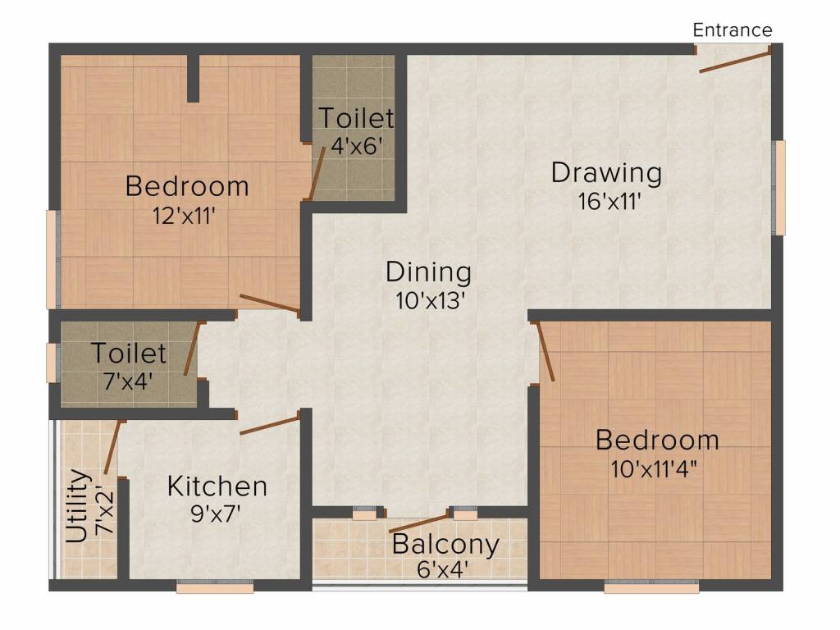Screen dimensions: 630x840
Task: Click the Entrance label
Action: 733,30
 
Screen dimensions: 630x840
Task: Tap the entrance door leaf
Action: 735,61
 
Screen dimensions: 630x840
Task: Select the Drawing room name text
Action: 606,173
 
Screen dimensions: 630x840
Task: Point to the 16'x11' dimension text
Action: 606,200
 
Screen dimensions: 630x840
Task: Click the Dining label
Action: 428,272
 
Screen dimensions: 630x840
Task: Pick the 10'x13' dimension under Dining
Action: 430,299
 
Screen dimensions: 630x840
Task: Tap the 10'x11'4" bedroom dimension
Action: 657,469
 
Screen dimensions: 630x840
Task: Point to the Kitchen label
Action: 217,486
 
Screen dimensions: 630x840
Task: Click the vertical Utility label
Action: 77,506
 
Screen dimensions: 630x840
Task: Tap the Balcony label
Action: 445,544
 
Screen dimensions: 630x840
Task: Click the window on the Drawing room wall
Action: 779,188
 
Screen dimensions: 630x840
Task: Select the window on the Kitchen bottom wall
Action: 215,587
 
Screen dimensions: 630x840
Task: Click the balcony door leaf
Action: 418,522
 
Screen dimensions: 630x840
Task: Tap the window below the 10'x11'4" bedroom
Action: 651,587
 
